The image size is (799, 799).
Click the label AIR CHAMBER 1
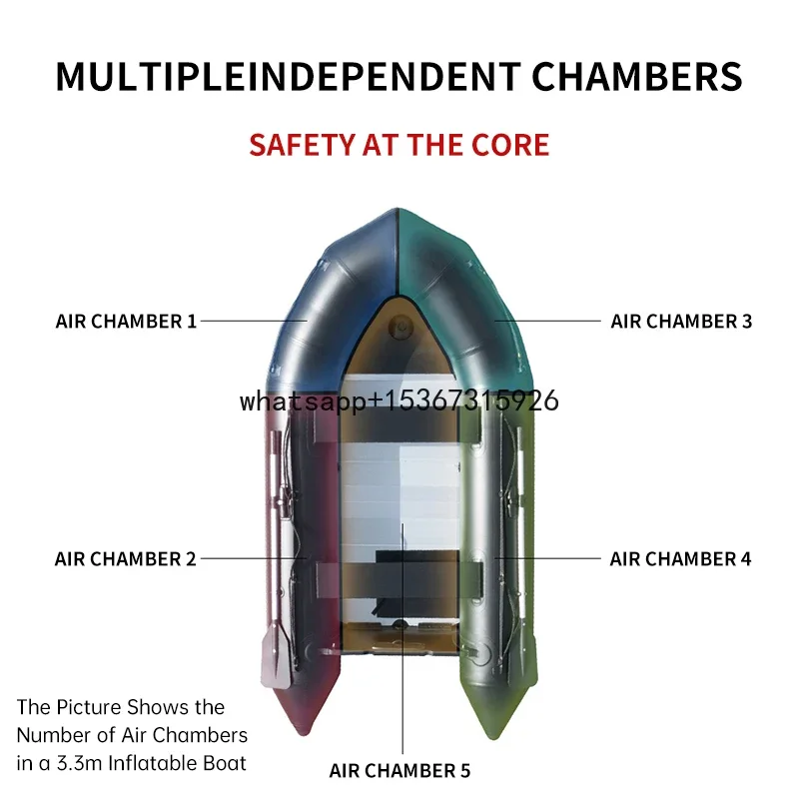(x=126, y=322)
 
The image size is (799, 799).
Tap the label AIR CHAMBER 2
(x=126, y=559)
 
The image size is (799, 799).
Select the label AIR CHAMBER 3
(x=681, y=322)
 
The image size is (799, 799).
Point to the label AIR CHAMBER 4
(x=680, y=559)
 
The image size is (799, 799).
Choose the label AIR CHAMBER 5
(x=399, y=771)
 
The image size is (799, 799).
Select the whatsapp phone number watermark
(x=399, y=401)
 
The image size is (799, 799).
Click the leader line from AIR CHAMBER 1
(x=255, y=321)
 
